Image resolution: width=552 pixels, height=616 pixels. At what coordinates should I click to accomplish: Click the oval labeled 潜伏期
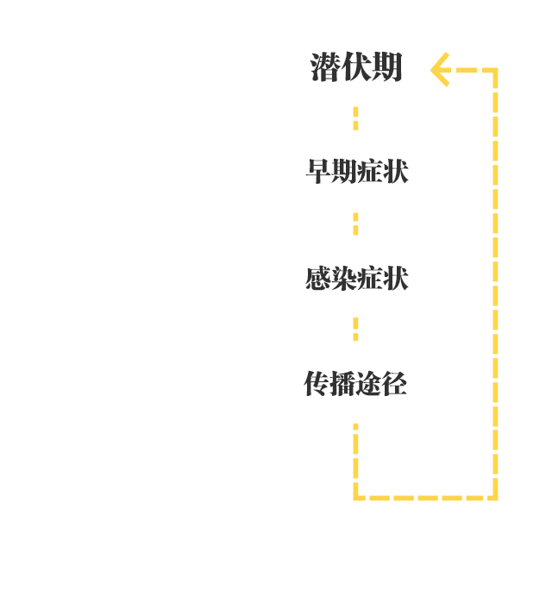[x=355, y=66]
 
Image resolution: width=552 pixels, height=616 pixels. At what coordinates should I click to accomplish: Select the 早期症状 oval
[x=355, y=172]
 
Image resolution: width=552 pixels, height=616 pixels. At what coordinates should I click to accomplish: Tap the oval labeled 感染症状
[x=355, y=277]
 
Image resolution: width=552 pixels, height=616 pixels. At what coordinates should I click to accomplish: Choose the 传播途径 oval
[x=355, y=382]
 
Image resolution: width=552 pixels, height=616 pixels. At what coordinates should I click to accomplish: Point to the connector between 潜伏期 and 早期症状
[x=355, y=119]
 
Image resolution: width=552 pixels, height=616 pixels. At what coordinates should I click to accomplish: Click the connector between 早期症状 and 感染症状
[x=355, y=224]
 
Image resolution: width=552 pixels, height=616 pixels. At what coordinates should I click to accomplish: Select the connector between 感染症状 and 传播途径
[x=355, y=330]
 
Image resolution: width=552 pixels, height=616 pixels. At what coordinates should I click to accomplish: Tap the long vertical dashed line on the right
[x=496, y=285]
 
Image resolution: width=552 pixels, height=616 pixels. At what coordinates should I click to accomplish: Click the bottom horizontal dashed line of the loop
[x=426, y=497]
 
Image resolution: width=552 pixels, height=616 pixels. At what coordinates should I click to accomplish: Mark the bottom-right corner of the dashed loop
[x=496, y=497]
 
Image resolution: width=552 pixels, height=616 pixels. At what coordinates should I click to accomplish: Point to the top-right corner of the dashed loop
[x=496, y=70]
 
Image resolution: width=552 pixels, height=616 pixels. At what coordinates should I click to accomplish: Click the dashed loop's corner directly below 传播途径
[x=355, y=497]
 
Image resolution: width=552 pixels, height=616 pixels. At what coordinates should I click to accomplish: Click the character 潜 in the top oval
[x=325, y=67]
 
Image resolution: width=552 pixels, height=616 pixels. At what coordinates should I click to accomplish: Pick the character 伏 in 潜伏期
[x=356, y=67]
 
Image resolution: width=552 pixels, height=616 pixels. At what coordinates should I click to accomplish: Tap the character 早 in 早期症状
[x=318, y=172]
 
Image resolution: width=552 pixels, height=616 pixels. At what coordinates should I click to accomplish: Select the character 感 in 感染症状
[x=318, y=278]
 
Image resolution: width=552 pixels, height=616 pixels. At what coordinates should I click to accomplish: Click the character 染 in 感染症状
[x=343, y=278]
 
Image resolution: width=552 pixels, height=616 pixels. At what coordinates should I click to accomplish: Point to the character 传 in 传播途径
[x=317, y=383]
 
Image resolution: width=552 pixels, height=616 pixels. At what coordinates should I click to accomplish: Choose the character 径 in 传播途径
[x=393, y=383]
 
